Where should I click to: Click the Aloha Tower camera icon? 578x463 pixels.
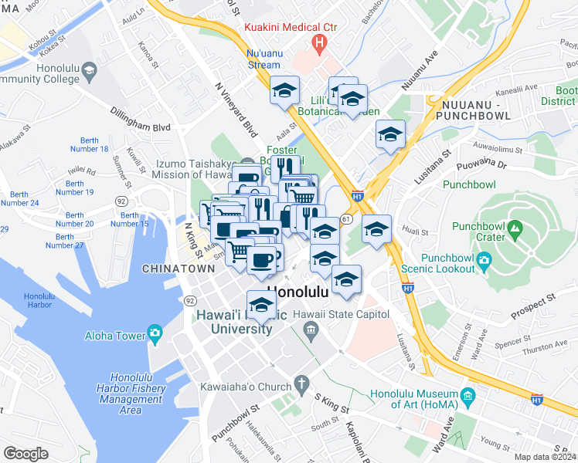155,334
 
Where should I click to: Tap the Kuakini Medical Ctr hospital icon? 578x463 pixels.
317,45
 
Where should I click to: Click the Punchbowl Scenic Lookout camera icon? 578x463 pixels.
484,259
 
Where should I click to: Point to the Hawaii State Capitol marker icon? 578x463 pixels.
311,331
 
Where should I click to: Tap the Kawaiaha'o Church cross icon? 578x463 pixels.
301,384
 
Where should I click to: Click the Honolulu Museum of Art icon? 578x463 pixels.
466,400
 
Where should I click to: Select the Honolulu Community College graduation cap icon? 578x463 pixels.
90,73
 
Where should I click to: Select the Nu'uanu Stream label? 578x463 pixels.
263,59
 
